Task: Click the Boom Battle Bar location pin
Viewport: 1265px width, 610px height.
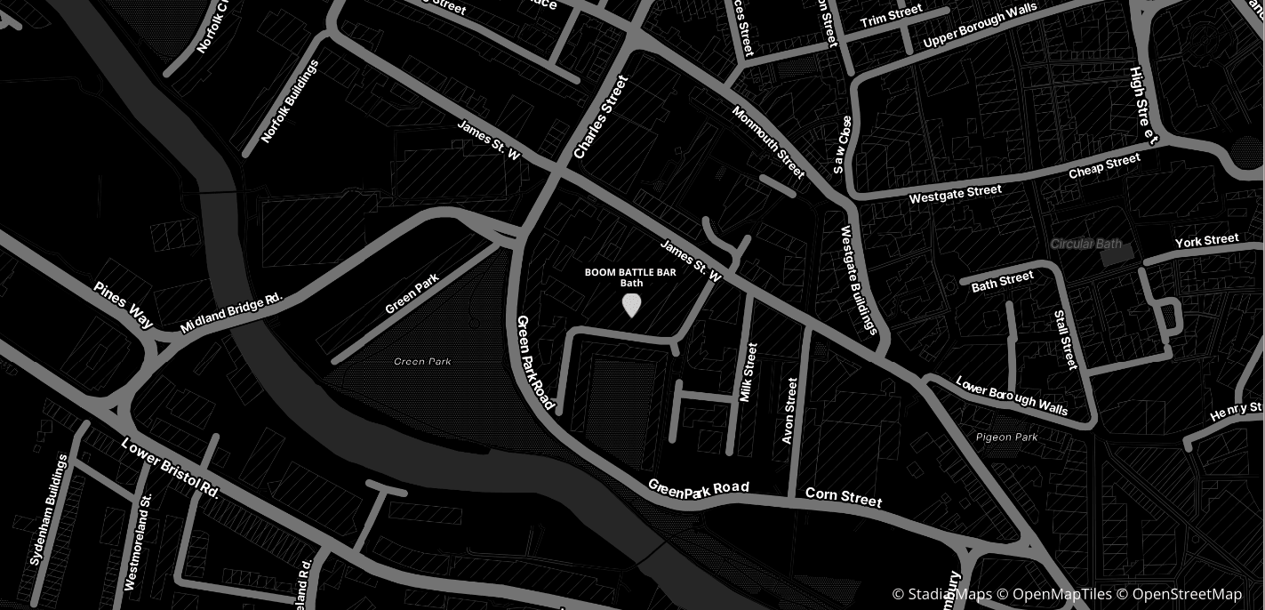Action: [x=631, y=305]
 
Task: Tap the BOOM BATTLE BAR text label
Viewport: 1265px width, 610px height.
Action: [x=630, y=273]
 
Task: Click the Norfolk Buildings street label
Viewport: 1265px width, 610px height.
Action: [x=291, y=102]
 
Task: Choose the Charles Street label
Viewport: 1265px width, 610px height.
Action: [x=601, y=117]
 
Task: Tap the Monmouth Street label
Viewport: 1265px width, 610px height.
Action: [x=768, y=142]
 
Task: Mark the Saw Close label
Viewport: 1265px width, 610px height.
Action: [x=842, y=144]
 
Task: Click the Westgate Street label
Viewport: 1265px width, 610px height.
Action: [x=955, y=193]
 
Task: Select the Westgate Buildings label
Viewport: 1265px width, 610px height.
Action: [x=860, y=280]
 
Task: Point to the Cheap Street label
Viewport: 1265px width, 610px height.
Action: [x=1104, y=166]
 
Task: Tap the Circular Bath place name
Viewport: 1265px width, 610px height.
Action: [x=1085, y=244]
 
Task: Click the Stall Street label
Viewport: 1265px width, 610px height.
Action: [x=1065, y=340]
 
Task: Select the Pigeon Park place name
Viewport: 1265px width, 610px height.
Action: [x=1006, y=437]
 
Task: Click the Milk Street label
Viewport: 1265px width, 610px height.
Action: [x=749, y=373]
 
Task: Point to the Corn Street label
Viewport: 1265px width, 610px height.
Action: [x=844, y=497]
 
